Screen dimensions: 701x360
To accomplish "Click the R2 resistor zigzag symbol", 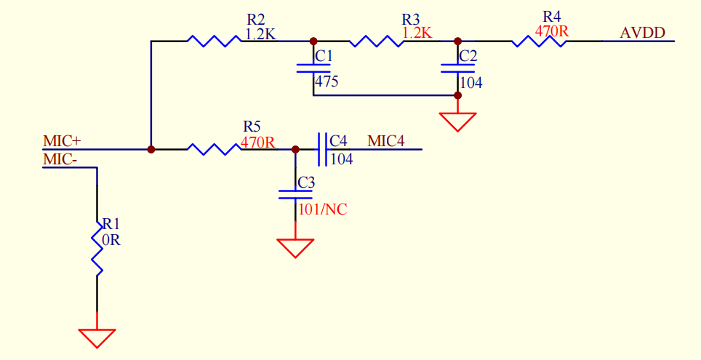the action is pyautogui.click(x=214, y=41).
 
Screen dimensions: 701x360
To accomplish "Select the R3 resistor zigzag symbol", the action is pyautogui.click(x=377, y=41).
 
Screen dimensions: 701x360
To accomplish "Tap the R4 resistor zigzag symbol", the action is pyautogui.click(x=539, y=41).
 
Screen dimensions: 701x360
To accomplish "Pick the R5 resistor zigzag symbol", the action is pyautogui.click(x=214, y=149).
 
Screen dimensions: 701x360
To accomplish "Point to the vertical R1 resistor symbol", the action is pyautogui.click(x=97, y=248).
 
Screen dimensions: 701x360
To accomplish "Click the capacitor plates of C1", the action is pyautogui.click(x=313, y=68).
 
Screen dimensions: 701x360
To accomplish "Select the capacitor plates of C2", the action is pyautogui.click(x=457, y=68).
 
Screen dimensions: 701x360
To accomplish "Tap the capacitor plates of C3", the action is pyautogui.click(x=295, y=194).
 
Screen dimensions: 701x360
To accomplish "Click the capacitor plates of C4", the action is pyautogui.click(x=323, y=149).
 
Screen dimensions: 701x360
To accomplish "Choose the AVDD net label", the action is pyautogui.click(x=642, y=32).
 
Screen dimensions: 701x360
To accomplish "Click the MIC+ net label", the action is pyautogui.click(x=62, y=141).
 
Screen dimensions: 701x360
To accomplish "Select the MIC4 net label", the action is pyautogui.click(x=386, y=141).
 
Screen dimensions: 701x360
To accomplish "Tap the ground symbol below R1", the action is pyautogui.click(x=97, y=338).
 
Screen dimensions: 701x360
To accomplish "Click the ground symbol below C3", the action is pyautogui.click(x=295, y=248).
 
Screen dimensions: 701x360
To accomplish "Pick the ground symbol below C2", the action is pyautogui.click(x=457, y=122).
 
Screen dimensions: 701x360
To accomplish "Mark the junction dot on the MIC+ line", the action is pyautogui.click(x=151, y=149).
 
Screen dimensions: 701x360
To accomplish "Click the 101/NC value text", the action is pyautogui.click(x=323, y=209).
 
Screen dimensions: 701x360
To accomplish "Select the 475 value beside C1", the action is pyautogui.click(x=327, y=82).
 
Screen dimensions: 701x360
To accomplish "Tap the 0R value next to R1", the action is pyautogui.click(x=111, y=240).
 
